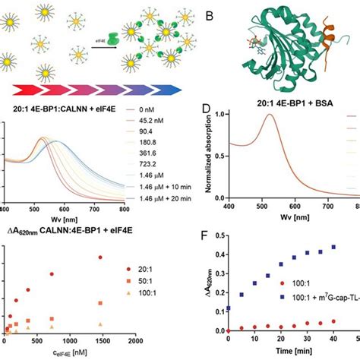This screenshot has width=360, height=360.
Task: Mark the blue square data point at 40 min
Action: click(333, 268)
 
